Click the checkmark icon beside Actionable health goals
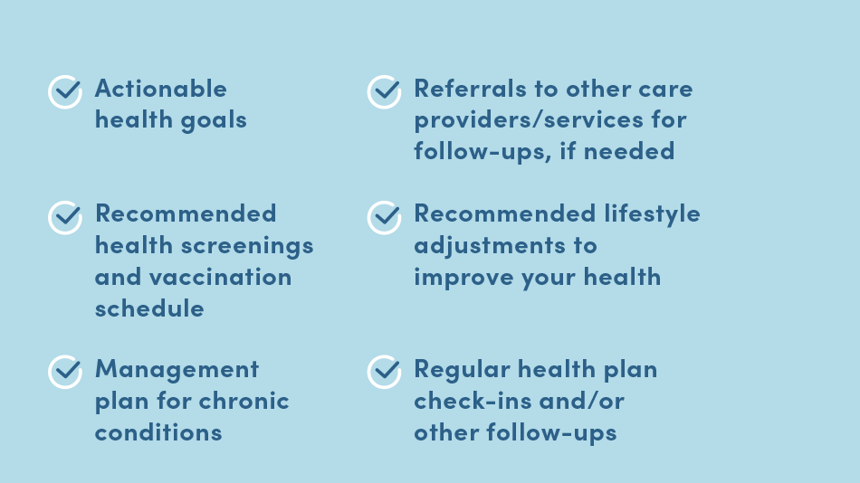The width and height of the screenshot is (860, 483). pos(65,91)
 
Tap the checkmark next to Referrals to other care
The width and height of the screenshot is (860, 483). pos(385,91)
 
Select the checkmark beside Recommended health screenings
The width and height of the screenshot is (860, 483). pos(65,217)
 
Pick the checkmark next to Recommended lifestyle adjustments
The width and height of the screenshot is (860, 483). pos(385,217)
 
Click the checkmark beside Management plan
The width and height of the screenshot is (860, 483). pos(65,372)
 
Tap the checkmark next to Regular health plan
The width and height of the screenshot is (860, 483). pos(385,372)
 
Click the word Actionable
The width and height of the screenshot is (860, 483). pos(161,89)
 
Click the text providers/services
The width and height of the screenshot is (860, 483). pos(529,120)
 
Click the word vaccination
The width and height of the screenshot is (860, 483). pos(221,276)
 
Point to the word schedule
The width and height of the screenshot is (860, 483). pos(149,308)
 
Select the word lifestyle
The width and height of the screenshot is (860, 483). pos(652,214)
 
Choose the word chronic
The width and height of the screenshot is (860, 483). pos(244,401)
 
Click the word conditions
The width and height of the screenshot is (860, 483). pos(158,432)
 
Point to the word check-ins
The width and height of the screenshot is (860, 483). pos(473,401)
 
